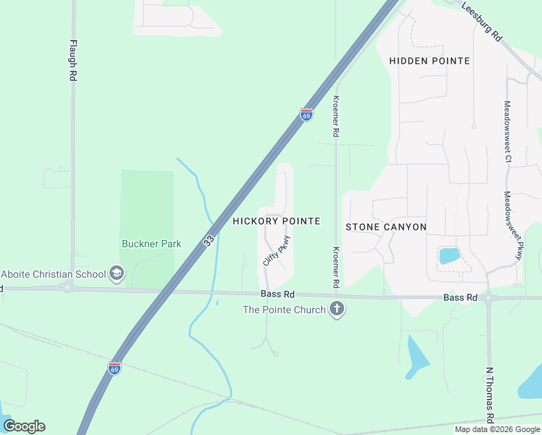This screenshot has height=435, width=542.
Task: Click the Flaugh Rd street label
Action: coord(72,60)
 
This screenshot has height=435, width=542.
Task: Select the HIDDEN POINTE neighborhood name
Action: coord(430,61)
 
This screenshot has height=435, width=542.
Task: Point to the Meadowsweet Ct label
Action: coord(508,131)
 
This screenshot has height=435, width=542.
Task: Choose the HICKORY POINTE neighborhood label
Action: coord(276,221)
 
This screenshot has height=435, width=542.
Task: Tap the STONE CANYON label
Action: coord(385,227)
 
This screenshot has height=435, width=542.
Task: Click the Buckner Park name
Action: coord(151,244)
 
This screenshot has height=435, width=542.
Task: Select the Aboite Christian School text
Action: coord(54,274)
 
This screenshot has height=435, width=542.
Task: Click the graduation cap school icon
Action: coord(117,274)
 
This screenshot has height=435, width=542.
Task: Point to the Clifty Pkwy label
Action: coord(277,250)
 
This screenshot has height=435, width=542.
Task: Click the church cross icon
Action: coord(335,310)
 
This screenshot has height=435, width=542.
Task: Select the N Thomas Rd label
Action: coord(489,394)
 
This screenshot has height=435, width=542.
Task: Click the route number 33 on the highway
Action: coord(208,239)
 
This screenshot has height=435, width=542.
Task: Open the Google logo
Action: coord(24,426)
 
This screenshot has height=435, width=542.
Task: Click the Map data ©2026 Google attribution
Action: coord(497,429)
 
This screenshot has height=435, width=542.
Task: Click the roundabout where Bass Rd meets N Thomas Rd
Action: coord(488,297)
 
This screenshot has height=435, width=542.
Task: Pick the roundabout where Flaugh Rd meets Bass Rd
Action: coord(67,288)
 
